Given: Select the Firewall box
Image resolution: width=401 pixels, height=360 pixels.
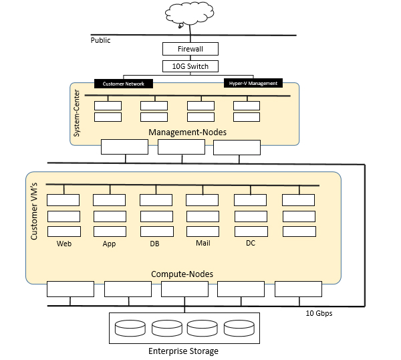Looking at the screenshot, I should [x=190, y=50].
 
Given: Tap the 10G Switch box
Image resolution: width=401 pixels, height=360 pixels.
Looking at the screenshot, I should [x=190, y=66].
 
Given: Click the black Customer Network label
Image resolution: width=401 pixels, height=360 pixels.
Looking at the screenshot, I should [x=124, y=84].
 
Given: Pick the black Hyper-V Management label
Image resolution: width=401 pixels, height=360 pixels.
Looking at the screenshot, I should [x=252, y=84].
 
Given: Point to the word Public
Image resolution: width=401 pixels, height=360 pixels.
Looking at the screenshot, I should [x=100, y=40].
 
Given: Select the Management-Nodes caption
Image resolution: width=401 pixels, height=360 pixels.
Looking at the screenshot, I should [x=187, y=132].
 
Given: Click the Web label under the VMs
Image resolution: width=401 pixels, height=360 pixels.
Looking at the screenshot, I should [x=64, y=244].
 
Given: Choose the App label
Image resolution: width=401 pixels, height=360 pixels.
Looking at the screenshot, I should [x=110, y=244].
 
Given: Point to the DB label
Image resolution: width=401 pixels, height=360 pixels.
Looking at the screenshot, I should [x=155, y=244].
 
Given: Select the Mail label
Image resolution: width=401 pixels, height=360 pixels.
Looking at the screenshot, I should [x=203, y=243].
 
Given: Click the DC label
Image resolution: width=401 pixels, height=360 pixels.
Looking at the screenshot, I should [x=251, y=243].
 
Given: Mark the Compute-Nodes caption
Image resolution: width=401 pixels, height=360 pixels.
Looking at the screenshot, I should [x=182, y=274].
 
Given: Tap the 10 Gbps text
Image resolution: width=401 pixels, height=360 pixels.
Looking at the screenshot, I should [x=319, y=312].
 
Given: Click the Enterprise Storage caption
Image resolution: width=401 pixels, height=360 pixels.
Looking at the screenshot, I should [x=182, y=351].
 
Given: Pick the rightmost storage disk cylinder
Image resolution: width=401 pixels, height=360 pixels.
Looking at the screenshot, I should [x=239, y=328].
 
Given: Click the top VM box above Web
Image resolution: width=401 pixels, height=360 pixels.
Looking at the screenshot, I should [x=63, y=199].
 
